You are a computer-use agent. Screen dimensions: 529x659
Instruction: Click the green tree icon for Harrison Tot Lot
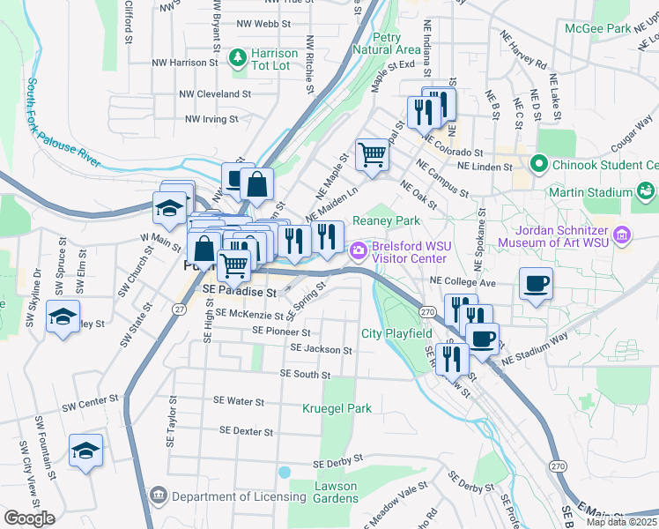tap(237, 59)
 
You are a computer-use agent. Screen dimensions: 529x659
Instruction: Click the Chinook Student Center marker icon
tap(538, 164)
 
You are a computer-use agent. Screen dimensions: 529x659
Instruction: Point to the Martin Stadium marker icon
tap(647, 191)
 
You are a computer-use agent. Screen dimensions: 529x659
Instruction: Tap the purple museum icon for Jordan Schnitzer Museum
tap(622, 235)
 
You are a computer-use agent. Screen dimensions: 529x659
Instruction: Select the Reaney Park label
tap(386, 220)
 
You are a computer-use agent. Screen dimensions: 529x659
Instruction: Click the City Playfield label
tap(396, 333)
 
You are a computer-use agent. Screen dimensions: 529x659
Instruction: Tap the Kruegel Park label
tap(337, 408)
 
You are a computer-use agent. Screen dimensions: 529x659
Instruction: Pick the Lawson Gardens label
tap(337, 492)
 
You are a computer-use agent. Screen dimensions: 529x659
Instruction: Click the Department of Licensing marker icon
tap(158, 496)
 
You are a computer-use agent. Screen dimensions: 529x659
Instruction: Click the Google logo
tap(30, 518)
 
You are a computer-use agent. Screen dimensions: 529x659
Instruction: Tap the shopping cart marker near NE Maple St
tap(373, 155)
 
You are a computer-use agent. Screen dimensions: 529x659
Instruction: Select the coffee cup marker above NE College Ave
tap(536, 284)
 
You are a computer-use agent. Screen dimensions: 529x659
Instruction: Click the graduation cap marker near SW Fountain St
tap(85, 450)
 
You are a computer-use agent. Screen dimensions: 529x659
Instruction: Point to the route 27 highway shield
tap(179, 309)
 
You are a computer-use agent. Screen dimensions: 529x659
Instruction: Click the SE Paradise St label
tap(239, 289)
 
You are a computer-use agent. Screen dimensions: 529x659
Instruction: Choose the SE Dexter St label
tap(247, 431)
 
